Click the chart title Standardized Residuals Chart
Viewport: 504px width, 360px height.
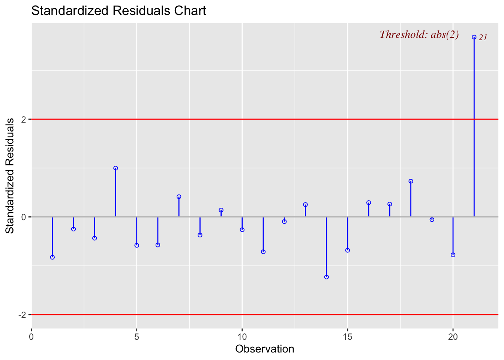click(118, 10)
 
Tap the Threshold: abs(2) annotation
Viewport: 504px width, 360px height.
click(419, 34)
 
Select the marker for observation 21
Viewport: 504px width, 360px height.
click(474, 37)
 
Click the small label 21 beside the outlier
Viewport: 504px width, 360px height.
click(483, 37)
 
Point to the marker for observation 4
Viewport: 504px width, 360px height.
click(115, 168)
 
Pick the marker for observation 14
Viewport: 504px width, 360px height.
click(326, 277)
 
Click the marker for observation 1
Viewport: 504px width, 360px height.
click(52, 257)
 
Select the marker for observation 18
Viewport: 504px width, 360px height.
click(411, 181)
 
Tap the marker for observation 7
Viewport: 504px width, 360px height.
click(179, 196)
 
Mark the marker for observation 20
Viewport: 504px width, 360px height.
click(453, 255)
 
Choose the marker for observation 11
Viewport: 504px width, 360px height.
click(263, 252)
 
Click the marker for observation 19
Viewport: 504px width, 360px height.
click(432, 220)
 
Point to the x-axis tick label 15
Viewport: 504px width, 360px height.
click(348, 336)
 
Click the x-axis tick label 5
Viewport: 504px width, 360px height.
click(137, 336)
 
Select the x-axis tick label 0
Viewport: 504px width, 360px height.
click(31, 336)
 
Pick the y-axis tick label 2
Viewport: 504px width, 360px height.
click(24, 119)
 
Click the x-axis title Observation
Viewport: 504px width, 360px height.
click(265, 349)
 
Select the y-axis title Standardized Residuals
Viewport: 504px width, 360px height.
click(10, 175)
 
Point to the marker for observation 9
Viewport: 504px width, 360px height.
click(221, 210)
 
